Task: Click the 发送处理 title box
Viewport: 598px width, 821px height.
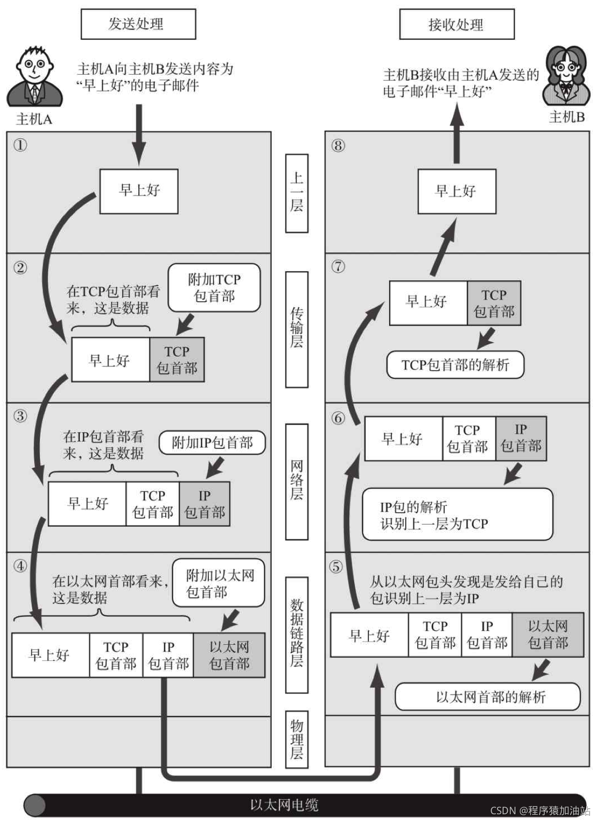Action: [x=138, y=24]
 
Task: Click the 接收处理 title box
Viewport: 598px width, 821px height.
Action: [x=456, y=24]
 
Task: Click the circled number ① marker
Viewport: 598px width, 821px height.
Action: [x=20, y=145]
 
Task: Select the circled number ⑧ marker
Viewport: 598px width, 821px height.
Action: [x=338, y=145]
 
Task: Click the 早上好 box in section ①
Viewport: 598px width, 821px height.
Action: [x=139, y=191]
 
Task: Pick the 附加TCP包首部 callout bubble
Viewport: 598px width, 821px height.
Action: [x=214, y=288]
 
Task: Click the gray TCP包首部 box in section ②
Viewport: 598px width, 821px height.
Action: [x=177, y=360]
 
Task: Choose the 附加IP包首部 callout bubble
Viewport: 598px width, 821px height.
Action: [x=212, y=443]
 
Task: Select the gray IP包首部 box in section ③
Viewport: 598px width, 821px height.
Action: [x=204, y=504]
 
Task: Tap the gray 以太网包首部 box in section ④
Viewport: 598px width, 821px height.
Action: [x=229, y=655]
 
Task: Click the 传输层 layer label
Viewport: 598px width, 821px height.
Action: [x=296, y=329]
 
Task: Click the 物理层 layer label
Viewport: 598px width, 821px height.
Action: [x=296, y=739]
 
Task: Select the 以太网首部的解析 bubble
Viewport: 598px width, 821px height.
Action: [x=488, y=697]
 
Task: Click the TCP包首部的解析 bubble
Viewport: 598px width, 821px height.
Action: [x=455, y=365]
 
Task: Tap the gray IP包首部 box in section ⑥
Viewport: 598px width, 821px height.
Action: [x=521, y=438]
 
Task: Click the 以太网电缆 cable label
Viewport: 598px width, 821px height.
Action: [x=284, y=805]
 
